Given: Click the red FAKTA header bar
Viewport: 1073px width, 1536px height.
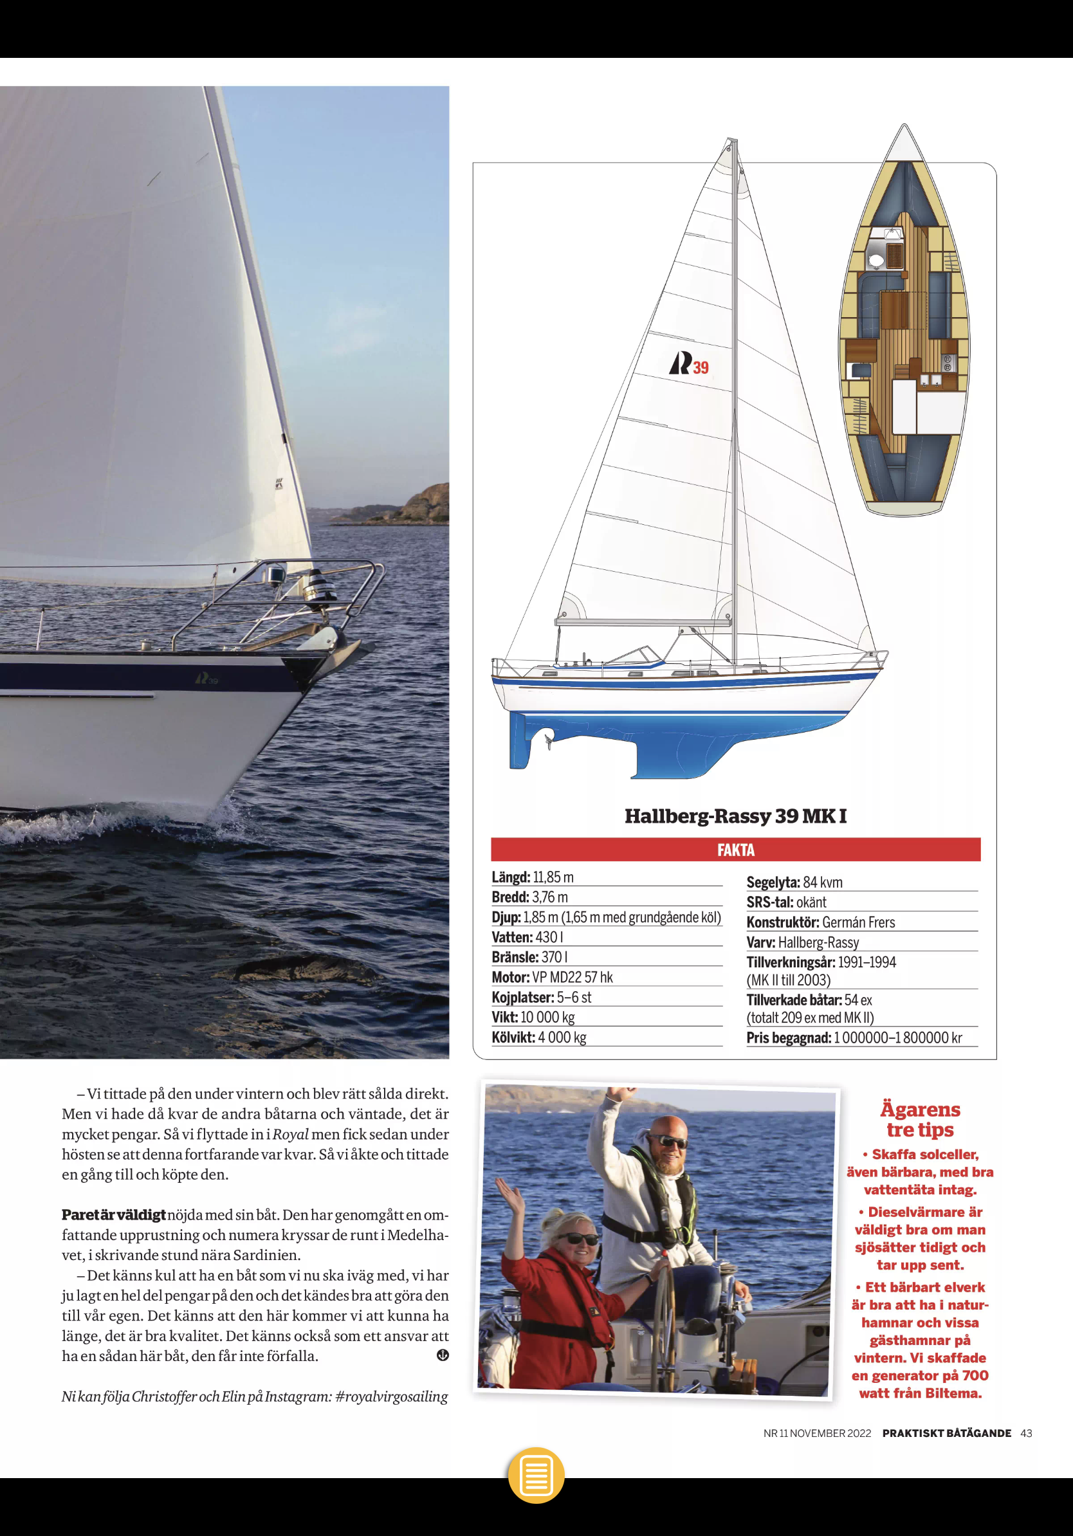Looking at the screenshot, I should click(735, 850).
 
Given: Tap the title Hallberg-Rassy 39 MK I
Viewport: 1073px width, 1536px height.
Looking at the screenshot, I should click(735, 816).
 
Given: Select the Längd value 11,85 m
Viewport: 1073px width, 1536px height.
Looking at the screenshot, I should click(553, 877).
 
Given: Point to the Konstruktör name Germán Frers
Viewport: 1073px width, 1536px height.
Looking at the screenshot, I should click(858, 922).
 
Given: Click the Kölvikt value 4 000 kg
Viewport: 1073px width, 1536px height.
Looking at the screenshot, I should click(562, 1038).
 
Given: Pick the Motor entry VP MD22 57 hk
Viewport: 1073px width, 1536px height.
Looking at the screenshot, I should click(573, 978).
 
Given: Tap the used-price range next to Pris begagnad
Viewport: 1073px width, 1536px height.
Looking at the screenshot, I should click(898, 1038).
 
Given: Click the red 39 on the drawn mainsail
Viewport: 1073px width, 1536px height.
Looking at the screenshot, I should click(701, 367).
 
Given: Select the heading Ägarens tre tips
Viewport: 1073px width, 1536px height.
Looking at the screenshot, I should click(920, 1119).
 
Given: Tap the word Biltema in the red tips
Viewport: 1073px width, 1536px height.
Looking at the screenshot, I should click(953, 1393).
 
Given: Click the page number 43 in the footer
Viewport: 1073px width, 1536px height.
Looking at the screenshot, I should click(1026, 1433).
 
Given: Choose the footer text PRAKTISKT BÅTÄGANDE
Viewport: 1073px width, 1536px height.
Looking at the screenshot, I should click(946, 1433).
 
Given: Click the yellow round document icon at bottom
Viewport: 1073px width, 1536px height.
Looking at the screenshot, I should click(536, 1475).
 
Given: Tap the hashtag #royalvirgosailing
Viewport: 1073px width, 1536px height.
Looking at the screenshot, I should click(391, 1397).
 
